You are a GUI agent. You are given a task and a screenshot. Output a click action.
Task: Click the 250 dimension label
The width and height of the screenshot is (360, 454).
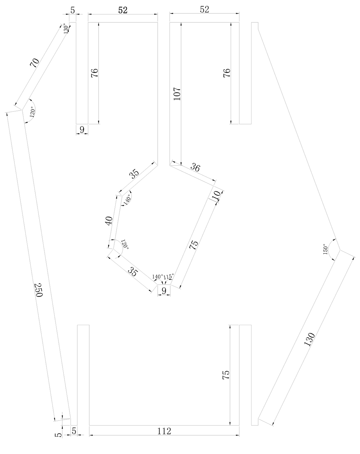click(38, 290)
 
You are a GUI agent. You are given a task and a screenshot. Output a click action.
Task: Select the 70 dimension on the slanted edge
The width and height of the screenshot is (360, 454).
click(34, 63)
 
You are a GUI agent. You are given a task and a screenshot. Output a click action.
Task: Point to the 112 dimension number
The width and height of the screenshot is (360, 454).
click(164, 431)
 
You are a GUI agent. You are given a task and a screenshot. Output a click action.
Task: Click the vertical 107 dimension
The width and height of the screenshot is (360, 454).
click(177, 94)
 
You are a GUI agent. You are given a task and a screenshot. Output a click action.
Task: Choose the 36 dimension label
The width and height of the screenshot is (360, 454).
click(195, 167)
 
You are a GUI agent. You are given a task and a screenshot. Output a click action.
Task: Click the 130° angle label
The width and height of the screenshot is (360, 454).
click(66, 28)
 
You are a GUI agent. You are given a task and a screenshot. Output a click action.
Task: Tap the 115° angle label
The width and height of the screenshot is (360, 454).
click(168, 276)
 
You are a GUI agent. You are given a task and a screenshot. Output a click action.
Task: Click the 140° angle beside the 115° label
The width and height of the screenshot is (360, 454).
click(157, 276)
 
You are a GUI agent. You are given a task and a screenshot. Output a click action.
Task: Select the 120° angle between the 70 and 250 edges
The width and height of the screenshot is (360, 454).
click(32, 112)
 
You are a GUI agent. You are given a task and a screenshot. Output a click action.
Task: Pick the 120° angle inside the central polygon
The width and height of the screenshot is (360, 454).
click(124, 245)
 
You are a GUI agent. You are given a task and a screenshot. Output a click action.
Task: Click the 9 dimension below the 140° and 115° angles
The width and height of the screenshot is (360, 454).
click(164, 290)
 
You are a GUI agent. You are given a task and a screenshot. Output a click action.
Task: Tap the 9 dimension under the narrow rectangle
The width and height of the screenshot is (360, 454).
click(82, 130)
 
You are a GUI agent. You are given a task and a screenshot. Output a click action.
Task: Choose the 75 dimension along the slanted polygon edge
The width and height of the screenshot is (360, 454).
click(194, 245)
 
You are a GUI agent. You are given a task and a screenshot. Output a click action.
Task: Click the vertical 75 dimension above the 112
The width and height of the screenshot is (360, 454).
click(226, 375)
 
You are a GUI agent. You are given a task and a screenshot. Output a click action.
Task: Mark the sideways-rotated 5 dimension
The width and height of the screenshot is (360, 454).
click(58, 435)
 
